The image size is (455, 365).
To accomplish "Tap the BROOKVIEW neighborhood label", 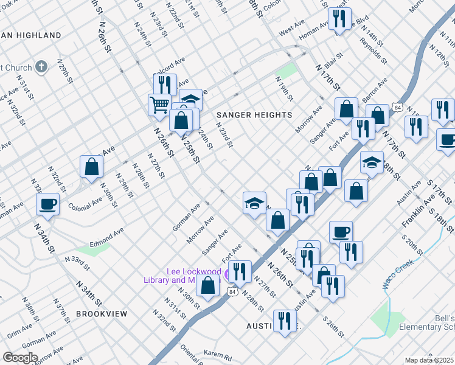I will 102,314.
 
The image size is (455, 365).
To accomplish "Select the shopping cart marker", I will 159,104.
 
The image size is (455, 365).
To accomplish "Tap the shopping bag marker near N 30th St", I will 91,167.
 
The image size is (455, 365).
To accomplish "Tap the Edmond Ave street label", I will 106,235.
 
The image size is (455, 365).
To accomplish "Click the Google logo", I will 20,358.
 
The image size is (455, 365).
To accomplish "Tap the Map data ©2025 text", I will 429,360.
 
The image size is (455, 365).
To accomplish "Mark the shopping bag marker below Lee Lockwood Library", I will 208,287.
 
